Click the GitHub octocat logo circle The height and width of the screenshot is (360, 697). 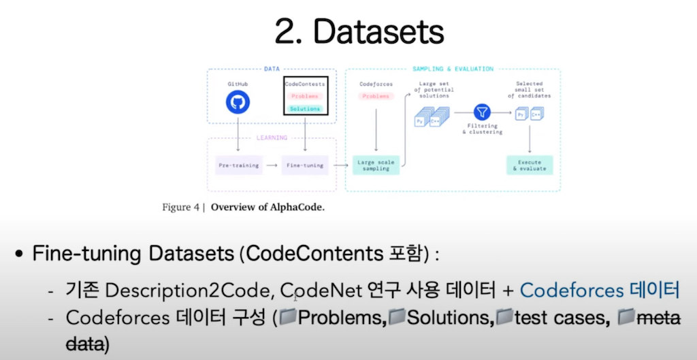pyautogui.click(x=238, y=102)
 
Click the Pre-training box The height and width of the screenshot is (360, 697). pyautogui.click(x=238, y=165)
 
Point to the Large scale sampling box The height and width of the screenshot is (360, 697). pyautogui.click(x=376, y=165)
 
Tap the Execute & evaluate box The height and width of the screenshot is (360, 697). pyautogui.click(x=530, y=165)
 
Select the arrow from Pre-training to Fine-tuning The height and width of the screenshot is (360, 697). pyautogui.click(x=272, y=165)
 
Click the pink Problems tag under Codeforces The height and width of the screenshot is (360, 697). pyautogui.click(x=376, y=97)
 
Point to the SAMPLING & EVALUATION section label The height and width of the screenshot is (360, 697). pyautogui.click(x=453, y=69)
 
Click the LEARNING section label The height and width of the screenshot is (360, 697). pyautogui.click(x=271, y=137)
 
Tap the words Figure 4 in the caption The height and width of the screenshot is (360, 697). pyautogui.click(x=180, y=208)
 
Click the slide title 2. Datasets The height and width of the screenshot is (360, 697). pyautogui.click(x=359, y=31)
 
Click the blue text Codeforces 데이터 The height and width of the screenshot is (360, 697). pyautogui.click(x=600, y=290)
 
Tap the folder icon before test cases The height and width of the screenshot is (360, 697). pyautogui.click(x=504, y=316)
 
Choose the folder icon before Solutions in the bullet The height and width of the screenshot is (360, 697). pyautogui.click(x=397, y=316)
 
